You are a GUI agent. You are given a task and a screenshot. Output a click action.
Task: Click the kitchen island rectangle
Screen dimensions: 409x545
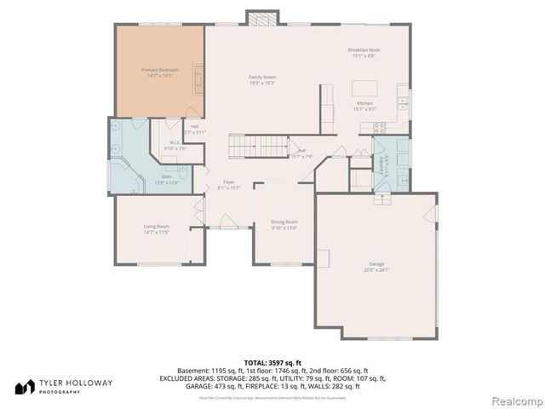pos(364,88)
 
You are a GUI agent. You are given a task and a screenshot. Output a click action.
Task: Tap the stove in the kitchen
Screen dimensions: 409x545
pos(380,126)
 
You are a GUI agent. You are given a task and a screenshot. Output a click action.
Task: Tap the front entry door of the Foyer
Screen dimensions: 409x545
pos(228,229)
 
